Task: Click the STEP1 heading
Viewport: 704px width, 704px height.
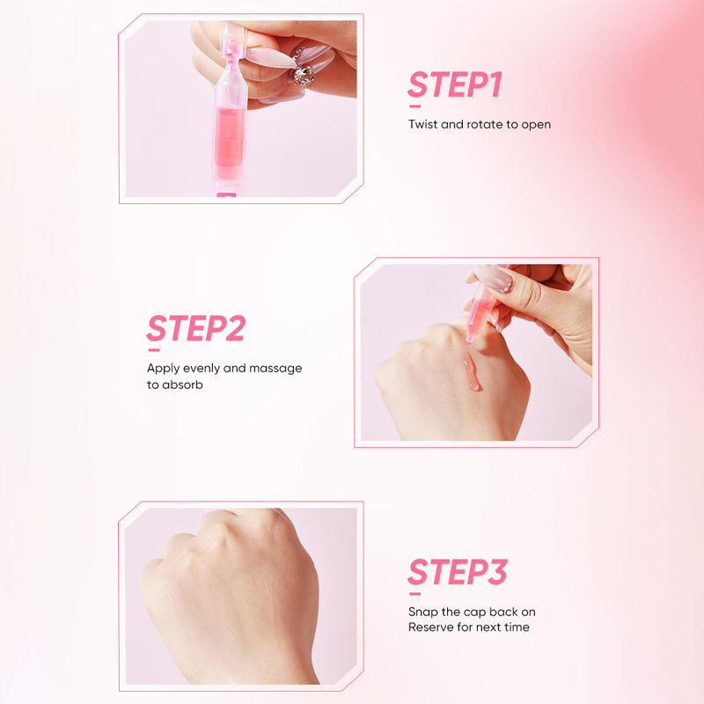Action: [x=455, y=84]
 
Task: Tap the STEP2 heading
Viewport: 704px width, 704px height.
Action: [x=196, y=327]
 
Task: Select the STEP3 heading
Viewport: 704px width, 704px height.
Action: [x=458, y=571]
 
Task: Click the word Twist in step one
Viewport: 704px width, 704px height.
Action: [x=422, y=124]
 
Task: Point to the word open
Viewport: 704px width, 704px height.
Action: [x=536, y=125]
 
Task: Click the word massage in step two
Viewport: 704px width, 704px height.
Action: [x=275, y=369]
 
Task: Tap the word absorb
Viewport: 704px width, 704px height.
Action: [x=182, y=385]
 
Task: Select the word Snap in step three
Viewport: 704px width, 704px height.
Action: [x=423, y=612]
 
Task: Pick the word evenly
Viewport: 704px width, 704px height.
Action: [x=202, y=369]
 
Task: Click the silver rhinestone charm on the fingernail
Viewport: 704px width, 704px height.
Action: [x=304, y=74]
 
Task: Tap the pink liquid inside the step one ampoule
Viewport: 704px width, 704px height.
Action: [x=230, y=137]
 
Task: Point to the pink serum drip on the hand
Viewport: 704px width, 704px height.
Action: [x=471, y=371]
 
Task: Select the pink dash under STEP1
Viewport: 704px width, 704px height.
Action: [x=414, y=106]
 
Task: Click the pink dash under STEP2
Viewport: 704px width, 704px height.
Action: [x=154, y=349]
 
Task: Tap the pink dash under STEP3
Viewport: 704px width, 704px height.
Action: [x=414, y=593]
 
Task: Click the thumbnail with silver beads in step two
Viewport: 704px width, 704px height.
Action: [x=494, y=278]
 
